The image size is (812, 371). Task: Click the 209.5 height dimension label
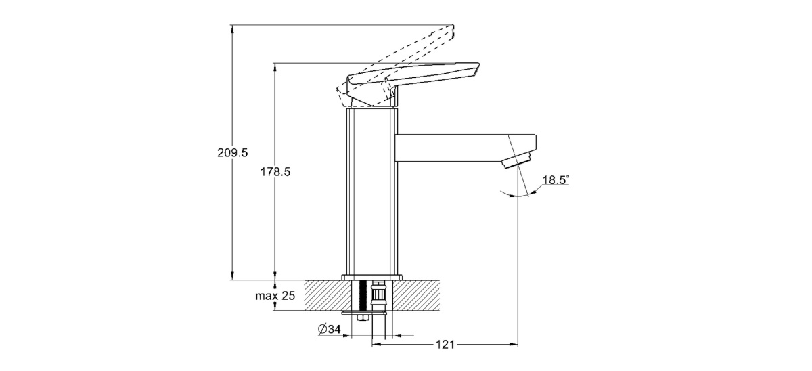click(x=232, y=153)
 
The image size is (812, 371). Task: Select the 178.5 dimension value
click(x=275, y=172)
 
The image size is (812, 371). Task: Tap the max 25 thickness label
click(x=275, y=296)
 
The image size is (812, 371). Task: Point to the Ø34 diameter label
click(x=329, y=329)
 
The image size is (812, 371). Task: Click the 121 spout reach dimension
click(x=445, y=345)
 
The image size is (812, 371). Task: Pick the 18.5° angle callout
click(x=556, y=180)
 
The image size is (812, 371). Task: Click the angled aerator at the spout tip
click(x=517, y=160)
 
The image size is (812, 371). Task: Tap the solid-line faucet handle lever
click(x=413, y=84)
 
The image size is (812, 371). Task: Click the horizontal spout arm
click(x=466, y=148)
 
